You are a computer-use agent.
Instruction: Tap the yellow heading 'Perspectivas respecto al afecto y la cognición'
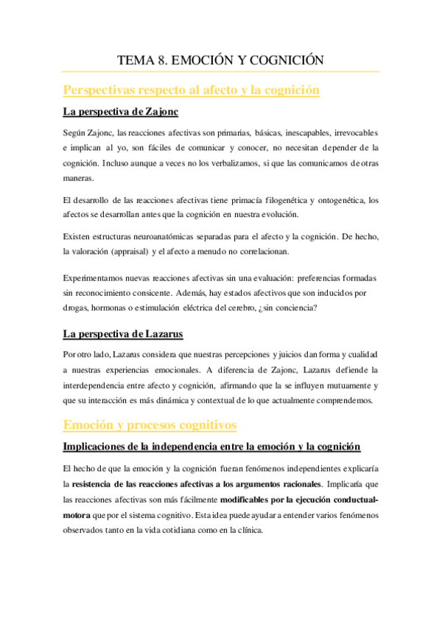192,91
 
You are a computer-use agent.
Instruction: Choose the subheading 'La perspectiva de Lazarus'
123,334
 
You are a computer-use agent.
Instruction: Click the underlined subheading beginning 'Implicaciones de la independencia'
211,447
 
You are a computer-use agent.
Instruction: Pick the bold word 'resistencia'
97,484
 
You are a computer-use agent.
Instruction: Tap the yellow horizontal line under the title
221,71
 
